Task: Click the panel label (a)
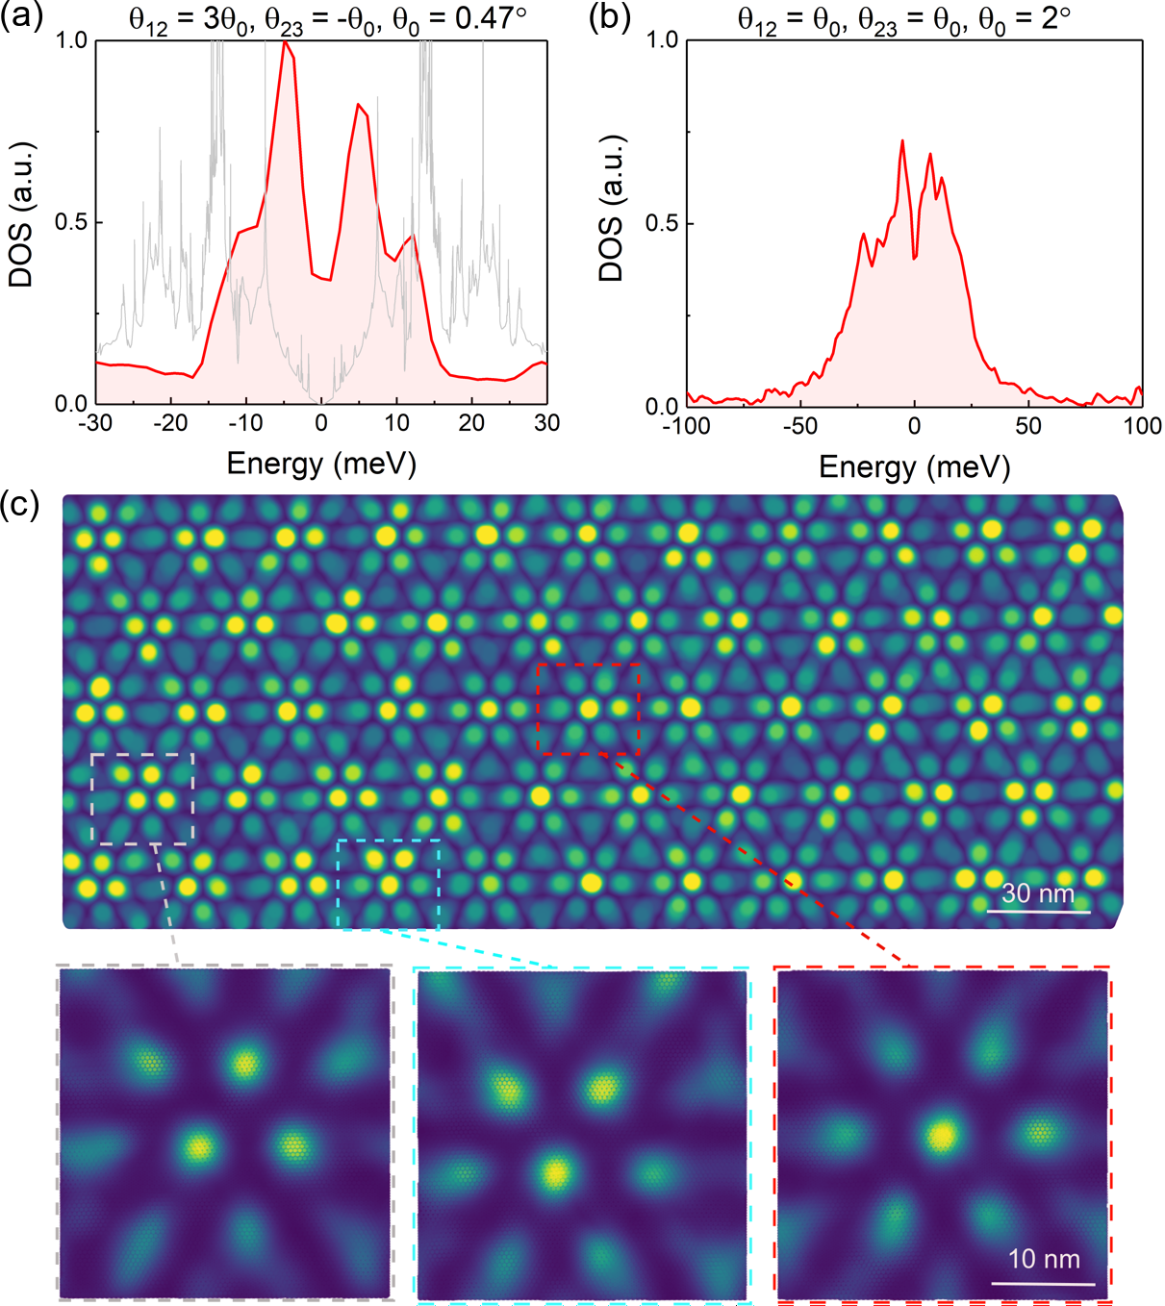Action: point(21,18)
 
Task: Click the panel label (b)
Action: point(610,18)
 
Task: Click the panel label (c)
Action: point(21,503)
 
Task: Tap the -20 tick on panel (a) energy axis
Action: point(170,423)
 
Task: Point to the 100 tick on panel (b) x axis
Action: point(1142,425)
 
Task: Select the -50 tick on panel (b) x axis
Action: point(799,425)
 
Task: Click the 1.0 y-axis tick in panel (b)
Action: point(662,40)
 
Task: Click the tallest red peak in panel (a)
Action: point(286,43)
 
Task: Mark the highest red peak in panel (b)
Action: point(902,141)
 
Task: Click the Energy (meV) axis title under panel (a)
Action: point(321,464)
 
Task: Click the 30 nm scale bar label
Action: point(1038,893)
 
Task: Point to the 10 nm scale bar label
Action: point(1044,1259)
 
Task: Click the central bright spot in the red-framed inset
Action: point(942,1136)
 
